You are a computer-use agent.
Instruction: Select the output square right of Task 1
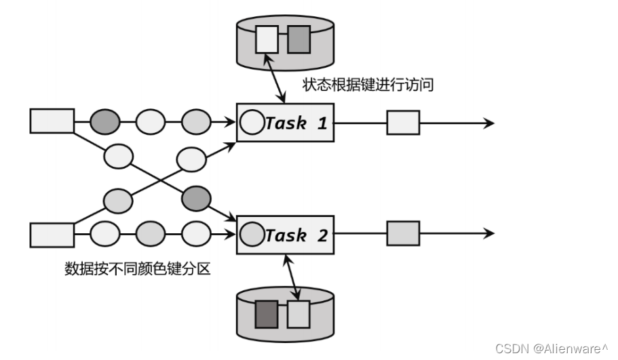pyautogui.click(x=403, y=123)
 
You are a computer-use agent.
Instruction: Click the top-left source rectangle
pyautogui.click(x=52, y=121)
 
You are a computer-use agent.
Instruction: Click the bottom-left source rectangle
pyautogui.click(x=52, y=235)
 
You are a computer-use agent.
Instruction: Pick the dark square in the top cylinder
pyautogui.click(x=298, y=39)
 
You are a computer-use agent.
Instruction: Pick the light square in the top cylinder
pyautogui.click(x=267, y=39)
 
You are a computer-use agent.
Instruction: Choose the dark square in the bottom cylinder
pyautogui.click(x=265, y=314)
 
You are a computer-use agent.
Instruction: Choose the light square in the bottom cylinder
pyautogui.click(x=298, y=314)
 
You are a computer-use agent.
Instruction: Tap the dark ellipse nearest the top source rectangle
pyautogui.click(x=105, y=122)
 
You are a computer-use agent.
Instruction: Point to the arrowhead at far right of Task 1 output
pyautogui.click(x=490, y=123)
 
